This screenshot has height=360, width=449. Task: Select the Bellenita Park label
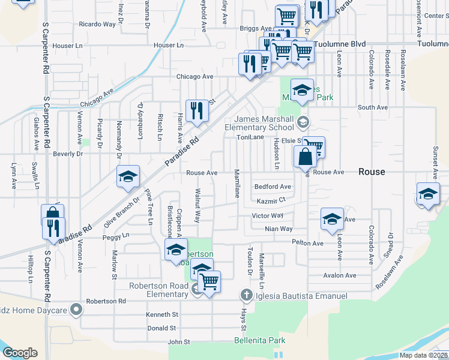click(x=259, y=340)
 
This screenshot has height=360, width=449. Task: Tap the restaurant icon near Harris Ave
click(x=197, y=110)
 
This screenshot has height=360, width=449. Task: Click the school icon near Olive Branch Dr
click(x=128, y=177)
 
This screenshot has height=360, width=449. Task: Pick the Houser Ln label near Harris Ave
click(x=168, y=45)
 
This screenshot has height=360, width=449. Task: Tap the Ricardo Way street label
click(x=97, y=25)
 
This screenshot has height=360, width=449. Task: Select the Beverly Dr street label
click(x=68, y=154)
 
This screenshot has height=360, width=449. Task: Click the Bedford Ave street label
click(x=273, y=187)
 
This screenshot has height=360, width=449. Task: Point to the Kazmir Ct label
click(x=270, y=200)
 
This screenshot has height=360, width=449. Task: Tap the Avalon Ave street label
click(x=339, y=275)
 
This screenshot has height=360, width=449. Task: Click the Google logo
click(x=20, y=353)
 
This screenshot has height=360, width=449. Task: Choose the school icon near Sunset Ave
click(x=428, y=194)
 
